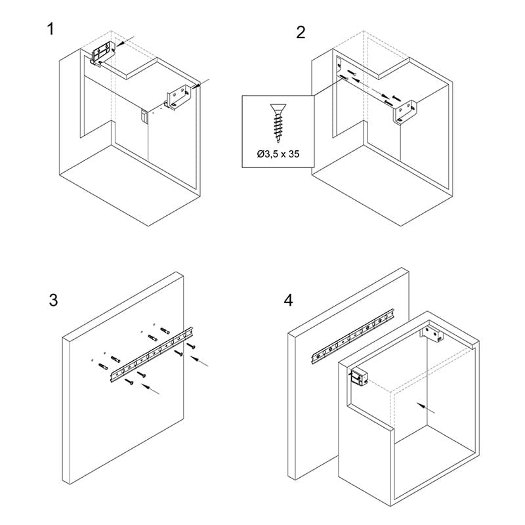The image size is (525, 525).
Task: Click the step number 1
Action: point(51,29)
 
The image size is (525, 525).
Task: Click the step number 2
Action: point(301,33)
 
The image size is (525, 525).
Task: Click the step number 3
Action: point(53,300)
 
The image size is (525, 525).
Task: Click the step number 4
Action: point(288,300)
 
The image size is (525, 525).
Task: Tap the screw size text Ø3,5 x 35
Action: point(278,154)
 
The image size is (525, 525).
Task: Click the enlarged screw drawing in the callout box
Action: point(278,123)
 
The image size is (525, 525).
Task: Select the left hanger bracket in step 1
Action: point(103,53)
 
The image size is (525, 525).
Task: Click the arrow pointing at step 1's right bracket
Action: point(201,83)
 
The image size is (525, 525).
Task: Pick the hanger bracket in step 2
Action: point(405,112)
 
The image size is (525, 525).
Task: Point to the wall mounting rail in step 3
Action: point(152,355)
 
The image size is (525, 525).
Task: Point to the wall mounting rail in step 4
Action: point(353,337)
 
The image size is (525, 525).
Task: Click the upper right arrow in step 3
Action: point(199,362)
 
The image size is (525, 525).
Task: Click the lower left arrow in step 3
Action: point(150,389)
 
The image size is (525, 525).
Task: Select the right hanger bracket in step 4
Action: point(432,334)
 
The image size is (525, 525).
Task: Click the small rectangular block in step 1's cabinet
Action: point(144,117)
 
